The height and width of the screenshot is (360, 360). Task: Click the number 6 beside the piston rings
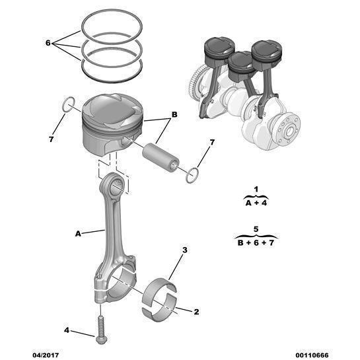[x=48, y=42]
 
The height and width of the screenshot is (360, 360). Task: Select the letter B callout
[x=174, y=115]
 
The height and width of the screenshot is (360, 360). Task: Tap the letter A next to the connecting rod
[x=78, y=233]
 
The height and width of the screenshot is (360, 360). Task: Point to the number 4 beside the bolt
[x=66, y=330]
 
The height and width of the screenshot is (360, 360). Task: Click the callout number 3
[x=185, y=250]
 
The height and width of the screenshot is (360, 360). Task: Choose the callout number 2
[x=196, y=311]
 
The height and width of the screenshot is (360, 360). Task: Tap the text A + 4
[x=256, y=203]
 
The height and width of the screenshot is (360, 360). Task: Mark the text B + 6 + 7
[x=256, y=242]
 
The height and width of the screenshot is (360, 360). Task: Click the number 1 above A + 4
[x=256, y=190]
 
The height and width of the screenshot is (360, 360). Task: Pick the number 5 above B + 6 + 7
[x=256, y=229]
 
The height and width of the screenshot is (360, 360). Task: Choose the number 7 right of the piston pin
[x=211, y=142]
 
